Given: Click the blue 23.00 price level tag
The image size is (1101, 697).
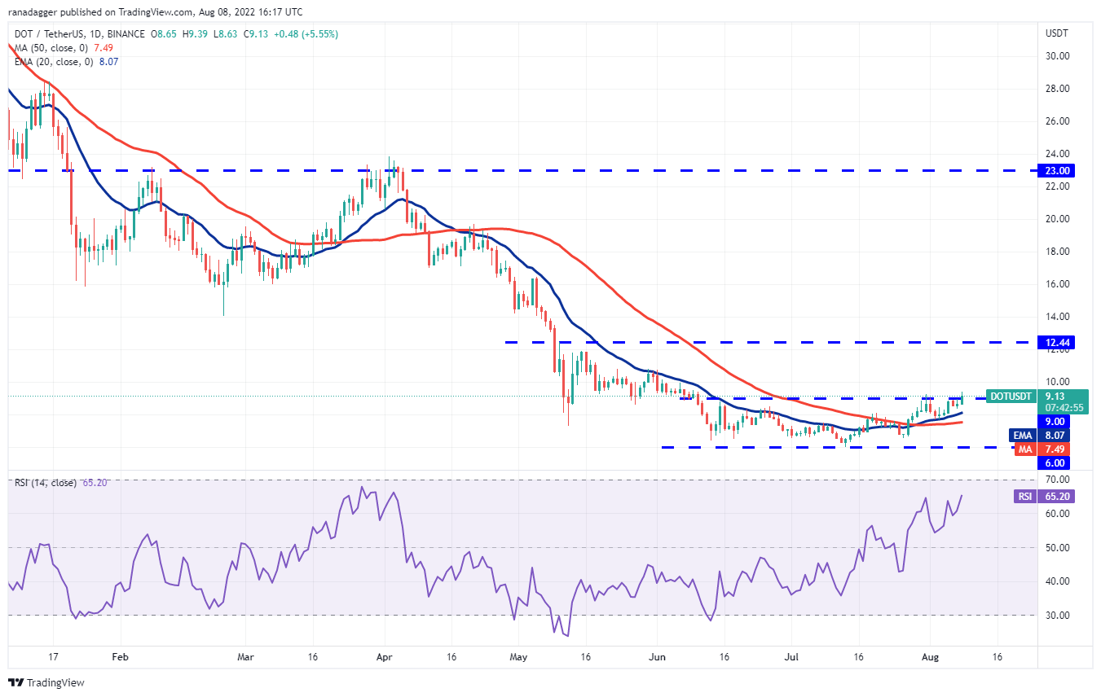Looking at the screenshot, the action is [x=1056, y=170].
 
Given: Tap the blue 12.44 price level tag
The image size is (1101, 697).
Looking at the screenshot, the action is [x=1056, y=342].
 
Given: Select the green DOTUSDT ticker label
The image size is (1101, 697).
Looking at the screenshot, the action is [x=1011, y=397].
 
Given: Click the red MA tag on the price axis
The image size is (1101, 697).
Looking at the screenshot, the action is [x=1042, y=449].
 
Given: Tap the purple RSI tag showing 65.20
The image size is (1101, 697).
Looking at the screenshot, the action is [x=1045, y=496].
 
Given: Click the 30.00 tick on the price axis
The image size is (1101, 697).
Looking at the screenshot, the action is [x=1057, y=56].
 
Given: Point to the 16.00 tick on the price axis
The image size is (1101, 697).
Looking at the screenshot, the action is [x=1057, y=284].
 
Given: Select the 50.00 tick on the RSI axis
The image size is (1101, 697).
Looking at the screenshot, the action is [x=1057, y=548].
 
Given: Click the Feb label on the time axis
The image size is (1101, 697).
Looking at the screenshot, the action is [x=120, y=657].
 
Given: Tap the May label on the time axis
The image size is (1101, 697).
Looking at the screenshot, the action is [x=518, y=657].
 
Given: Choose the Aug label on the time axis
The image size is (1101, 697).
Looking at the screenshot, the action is [x=930, y=657].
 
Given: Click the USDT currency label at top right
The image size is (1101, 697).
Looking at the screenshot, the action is [x=1056, y=33].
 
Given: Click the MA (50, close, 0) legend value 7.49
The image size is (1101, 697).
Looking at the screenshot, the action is [x=103, y=48].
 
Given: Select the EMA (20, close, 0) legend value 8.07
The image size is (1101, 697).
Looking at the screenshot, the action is [x=108, y=61].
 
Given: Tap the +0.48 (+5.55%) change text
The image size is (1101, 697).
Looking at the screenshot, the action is [x=306, y=34].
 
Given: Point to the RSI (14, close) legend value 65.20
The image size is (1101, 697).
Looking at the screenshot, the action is [x=95, y=482].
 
